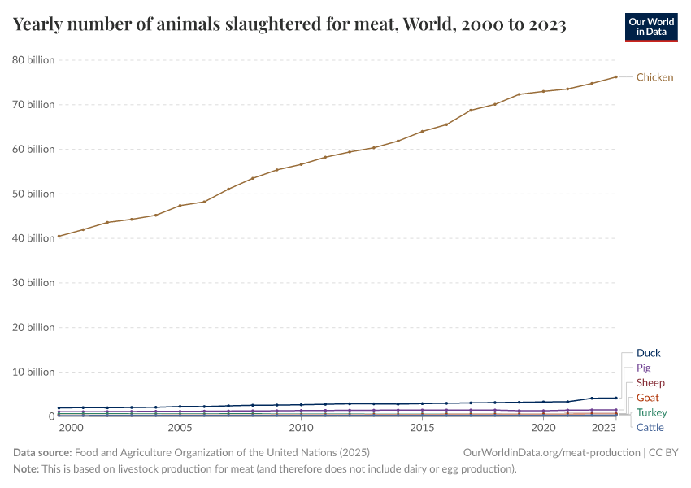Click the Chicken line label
pyautogui.click(x=654, y=77)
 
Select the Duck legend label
pyautogui.click(x=648, y=353)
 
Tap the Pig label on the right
pyautogui.click(x=643, y=368)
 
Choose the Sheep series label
pyautogui.click(x=650, y=383)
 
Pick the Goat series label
pyautogui.click(x=647, y=398)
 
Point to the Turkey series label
pyautogui.click(x=651, y=412)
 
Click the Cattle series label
pyautogui.click(x=650, y=427)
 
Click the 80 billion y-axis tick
pyautogui.click(x=33, y=60)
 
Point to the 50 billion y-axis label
pyautogui.click(x=33, y=194)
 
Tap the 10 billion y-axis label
pyautogui.click(x=33, y=372)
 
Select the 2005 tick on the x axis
pyautogui.click(x=180, y=428)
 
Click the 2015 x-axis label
pyautogui.click(x=422, y=428)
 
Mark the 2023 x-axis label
pyautogui.click(x=604, y=428)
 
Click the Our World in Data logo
pyautogui.click(x=651, y=27)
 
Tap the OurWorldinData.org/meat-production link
pyautogui.click(x=550, y=452)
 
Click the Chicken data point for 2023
pyautogui.click(x=615, y=77)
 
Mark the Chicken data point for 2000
pyautogui.click(x=59, y=236)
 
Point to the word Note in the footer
pyautogui.click(x=27, y=469)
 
